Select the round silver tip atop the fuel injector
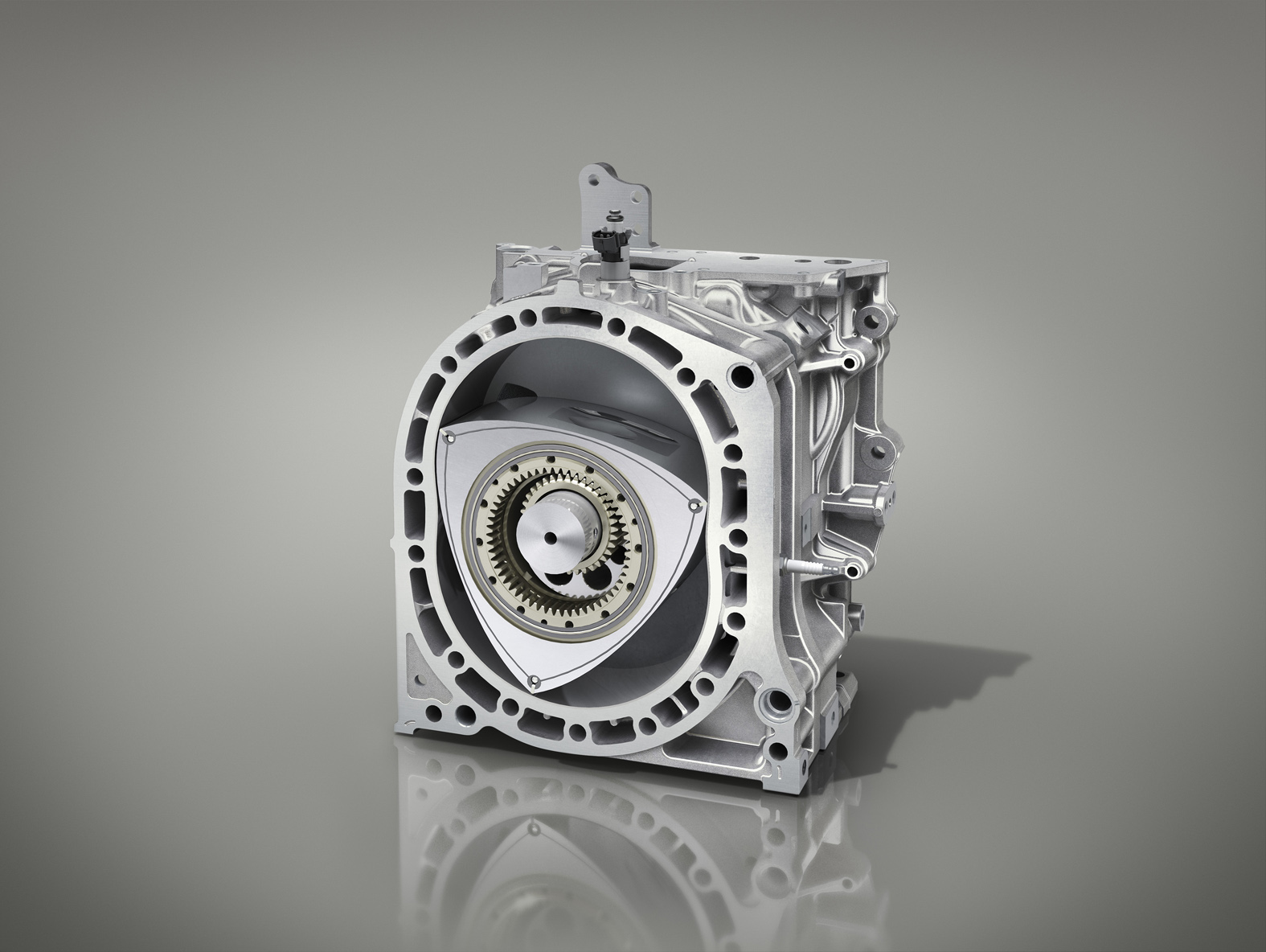[x=613, y=215]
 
